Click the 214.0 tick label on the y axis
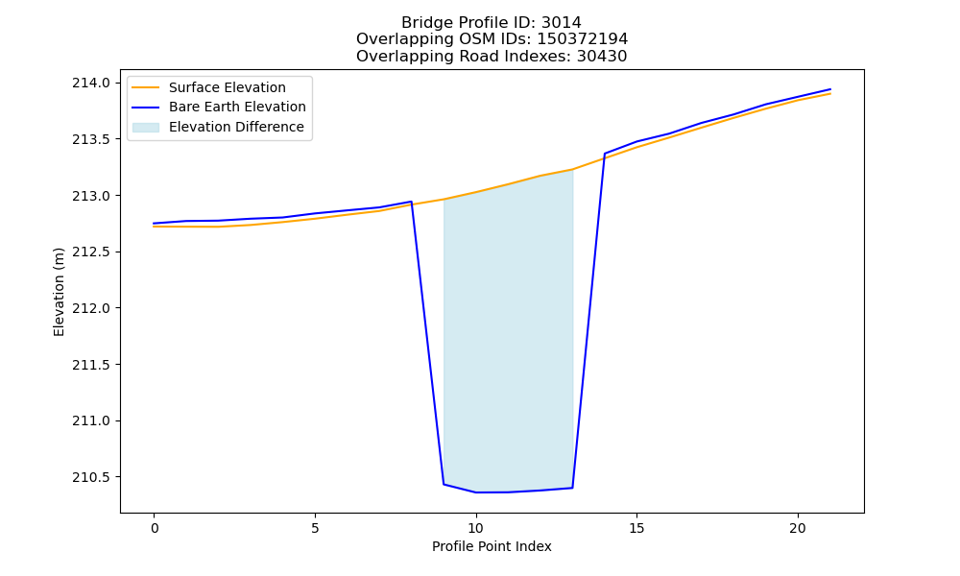pyautogui.click(x=91, y=83)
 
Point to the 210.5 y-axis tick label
pyautogui.click(x=91, y=477)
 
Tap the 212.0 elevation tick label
pyautogui.click(x=91, y=308)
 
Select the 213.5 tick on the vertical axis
pyautogui.click(x=91, y=139)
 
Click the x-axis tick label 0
pyautogui.click(x=155, y=528)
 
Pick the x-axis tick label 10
pyautogui.click(x=476, y=528)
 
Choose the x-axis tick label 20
pyautogui.click(x=798, y=528)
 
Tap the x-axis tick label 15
pyautogui.click(x=636, y=528)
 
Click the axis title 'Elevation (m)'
pyautogui.click(x=59, y=292)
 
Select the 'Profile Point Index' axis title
pyautogui.click(x=492, y=546)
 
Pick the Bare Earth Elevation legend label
pyautogui.click(x=237, y=107)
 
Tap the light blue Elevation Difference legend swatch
pyautogui.click(x=146, y=127)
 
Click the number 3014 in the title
pyautogui.click(x=562, y=23)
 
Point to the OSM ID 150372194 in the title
pyautogui.click(x=583, y=39)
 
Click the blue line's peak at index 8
pyautogui.click(x=412, y=202)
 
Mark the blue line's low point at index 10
pyautogui.click(x=476, y=492)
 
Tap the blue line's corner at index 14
pyautogui.click(x=604, y=154)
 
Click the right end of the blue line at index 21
pyautogui.click(x=830, y=89)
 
